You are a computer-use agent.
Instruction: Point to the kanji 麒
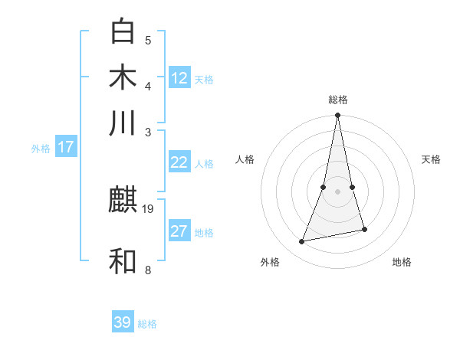(x=123, y=201)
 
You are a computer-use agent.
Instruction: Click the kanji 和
(x=123, y=260)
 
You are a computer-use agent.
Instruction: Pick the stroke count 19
(x=149, y=208)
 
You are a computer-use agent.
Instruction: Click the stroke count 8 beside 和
(x=148, y=270)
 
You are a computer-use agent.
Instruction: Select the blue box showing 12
(x=179, y=78)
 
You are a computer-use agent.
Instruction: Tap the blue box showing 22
(x=179, y=162)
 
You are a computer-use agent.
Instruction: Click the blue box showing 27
(x=179, y=231)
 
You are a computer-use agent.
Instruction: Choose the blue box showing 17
(x=66, y=147)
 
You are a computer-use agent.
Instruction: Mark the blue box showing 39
(x=123, y=322)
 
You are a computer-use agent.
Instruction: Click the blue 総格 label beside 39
(x=147, y=324)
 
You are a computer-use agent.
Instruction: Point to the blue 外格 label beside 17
(x=41, y=149)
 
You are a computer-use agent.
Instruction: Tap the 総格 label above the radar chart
(x=338, y=100)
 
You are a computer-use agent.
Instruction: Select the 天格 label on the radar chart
(x=432, y=159)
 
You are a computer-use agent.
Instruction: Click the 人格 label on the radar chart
(x=245, y=159)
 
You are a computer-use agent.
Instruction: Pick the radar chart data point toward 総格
(x=338, y=116)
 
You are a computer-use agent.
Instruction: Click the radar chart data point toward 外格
(x=302, y=242)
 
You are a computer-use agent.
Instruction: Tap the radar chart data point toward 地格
(x=364, y=230)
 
